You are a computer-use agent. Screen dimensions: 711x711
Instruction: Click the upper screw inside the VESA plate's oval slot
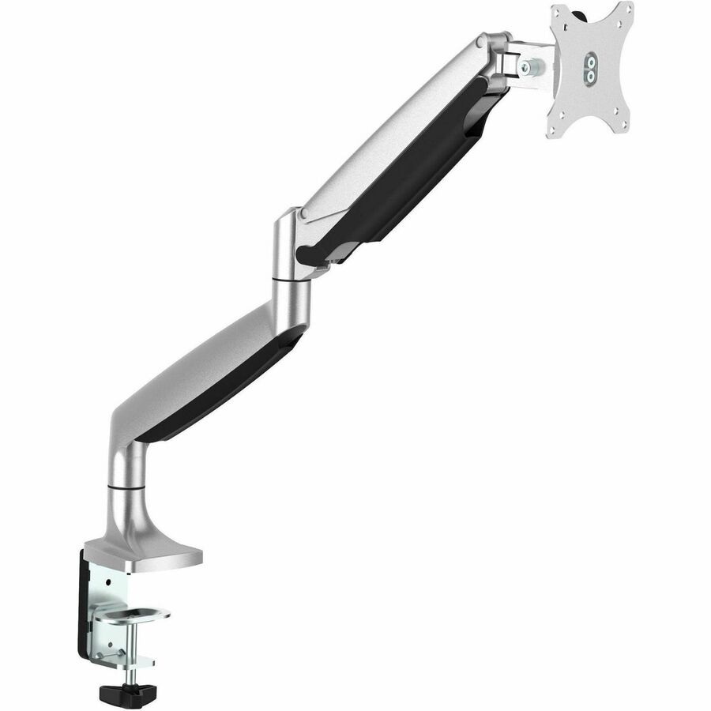tap(590, 62)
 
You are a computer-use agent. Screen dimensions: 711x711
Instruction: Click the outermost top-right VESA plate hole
tap(627, 9)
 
